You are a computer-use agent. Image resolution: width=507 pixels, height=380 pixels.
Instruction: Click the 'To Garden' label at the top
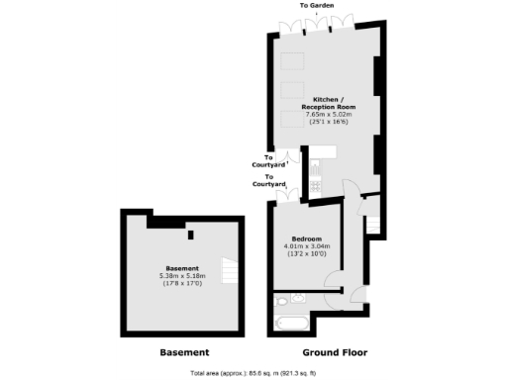point(317,6)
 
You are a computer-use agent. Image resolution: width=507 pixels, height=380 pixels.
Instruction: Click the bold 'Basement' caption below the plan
point(184,352)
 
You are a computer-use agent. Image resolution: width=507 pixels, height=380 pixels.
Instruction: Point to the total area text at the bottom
point(253,372)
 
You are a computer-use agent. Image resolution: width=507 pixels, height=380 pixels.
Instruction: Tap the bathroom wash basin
point(297,300)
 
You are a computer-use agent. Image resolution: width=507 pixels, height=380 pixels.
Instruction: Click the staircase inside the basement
point(229,268)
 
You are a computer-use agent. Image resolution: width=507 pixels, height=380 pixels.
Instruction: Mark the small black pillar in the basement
point(190,234)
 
